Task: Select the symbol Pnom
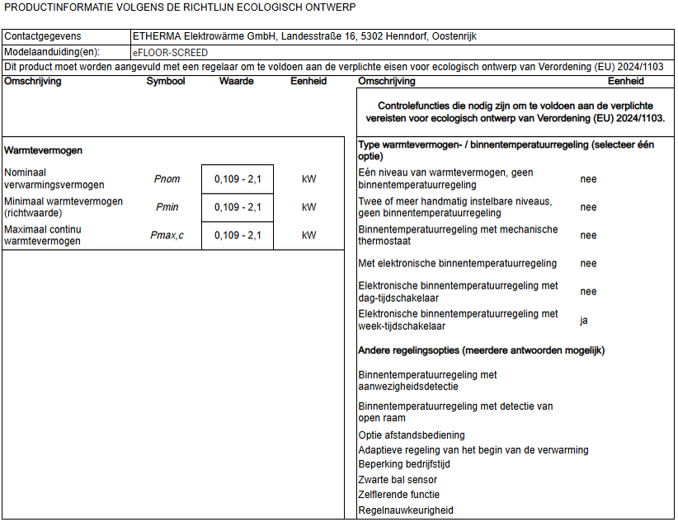pyautogui.click(x=167, y=179)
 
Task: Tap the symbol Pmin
pyautogui.click(x=167, y=207)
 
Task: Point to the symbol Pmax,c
pyautogui.click(x=167, y=235)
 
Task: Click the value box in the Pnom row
pyautogui.click(x=238, y=179)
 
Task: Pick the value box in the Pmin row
pyautogui.click(x=238, y=207)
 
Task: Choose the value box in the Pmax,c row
pyautogui.click(x=238, y=235)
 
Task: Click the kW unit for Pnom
pyautogui.click(x=309, y=179)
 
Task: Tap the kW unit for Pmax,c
pyautogui.click(x=309, y=235)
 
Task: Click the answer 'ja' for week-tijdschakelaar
pyautogui.click(x=584, y=320)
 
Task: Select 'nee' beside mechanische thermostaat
pyautogui.click(x=588, y=235)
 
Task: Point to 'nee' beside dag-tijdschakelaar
pyautogui.click(x=588, y=291)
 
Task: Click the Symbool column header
pyautogui.click(x=166, y=82)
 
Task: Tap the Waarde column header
pyautogui.click(x=236, y=82)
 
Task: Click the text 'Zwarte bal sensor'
pyautogui.click(x=398, y=479)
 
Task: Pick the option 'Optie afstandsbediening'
pyautogui.click(x=412, y=435)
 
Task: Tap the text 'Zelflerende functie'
pyautogui.click(x=399, y=495)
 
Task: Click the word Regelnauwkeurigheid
pyautogui.click(x=406, y=510)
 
